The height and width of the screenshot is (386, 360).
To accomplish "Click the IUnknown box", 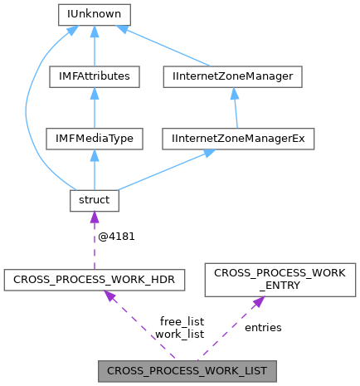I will pos(93,14).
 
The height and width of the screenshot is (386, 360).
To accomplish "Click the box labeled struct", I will pos(93,200).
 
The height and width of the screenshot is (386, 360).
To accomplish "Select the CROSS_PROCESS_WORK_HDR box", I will pos(93,281).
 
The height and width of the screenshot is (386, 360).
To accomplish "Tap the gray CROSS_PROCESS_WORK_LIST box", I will pos(187,369).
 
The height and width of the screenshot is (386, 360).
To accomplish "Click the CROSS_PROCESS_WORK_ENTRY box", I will pos(280,281).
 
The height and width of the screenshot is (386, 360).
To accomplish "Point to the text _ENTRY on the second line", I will pos(280,287).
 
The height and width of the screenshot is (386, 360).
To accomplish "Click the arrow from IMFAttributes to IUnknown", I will pos(93,48).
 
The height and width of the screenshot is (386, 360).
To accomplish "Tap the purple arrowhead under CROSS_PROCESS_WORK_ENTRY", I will pos(256,302).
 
